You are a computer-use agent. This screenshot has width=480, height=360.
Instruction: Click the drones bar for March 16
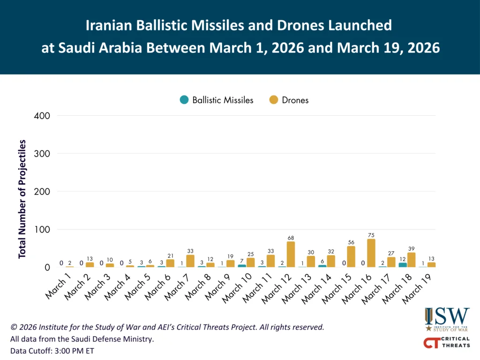(371, 254)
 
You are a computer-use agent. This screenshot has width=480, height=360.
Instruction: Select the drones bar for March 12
(291, 255)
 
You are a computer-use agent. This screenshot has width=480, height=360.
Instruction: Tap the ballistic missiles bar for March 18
(403, 265)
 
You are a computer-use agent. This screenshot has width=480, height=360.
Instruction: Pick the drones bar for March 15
(351, 257)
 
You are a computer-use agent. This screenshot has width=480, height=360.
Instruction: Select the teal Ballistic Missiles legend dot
(184, 100)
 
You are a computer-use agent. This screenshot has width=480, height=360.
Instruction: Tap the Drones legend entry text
(295, 100)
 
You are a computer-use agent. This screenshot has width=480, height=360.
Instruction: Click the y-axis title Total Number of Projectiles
(22, 199)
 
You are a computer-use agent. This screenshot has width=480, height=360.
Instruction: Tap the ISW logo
(447, 319)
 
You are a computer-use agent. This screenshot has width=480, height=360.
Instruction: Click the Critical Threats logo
(446, 343)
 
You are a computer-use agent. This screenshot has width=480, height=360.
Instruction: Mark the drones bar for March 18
(412, 260)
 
